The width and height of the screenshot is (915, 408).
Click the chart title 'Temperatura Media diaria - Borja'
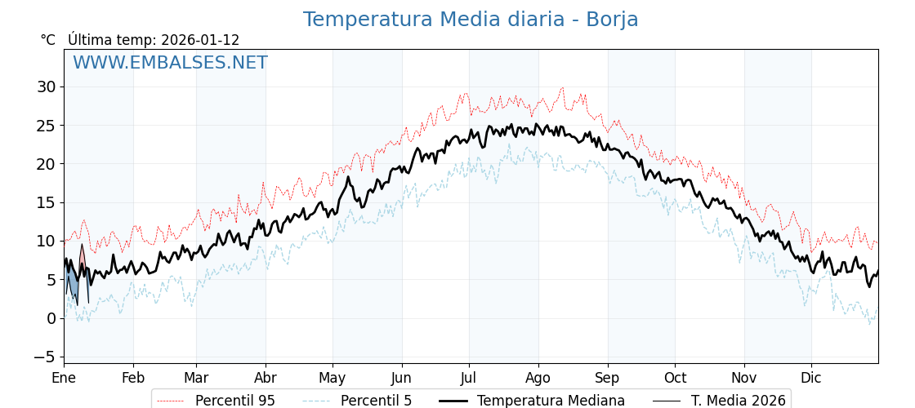click(471, 20)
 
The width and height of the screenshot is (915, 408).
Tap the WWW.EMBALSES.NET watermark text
click(170, 63)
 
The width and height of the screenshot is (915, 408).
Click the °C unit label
click(48, 40)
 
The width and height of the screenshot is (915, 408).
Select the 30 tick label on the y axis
click(46, 86)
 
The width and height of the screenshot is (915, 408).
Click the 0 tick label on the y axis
click(51, 318)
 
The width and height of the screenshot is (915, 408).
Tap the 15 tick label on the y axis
click(46, 202)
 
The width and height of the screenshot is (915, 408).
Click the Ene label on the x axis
click(64, 378)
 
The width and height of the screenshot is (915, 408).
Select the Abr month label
click(266, 378)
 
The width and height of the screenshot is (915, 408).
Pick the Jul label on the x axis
click(469, 378)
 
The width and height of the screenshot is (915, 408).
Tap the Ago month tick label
click(538, 378)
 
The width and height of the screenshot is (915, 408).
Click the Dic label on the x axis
click(811, 378)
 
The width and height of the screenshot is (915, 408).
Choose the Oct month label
click(675, 378)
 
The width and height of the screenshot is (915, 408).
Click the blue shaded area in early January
click(73, 285)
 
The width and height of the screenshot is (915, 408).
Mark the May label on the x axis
click(333, 378)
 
